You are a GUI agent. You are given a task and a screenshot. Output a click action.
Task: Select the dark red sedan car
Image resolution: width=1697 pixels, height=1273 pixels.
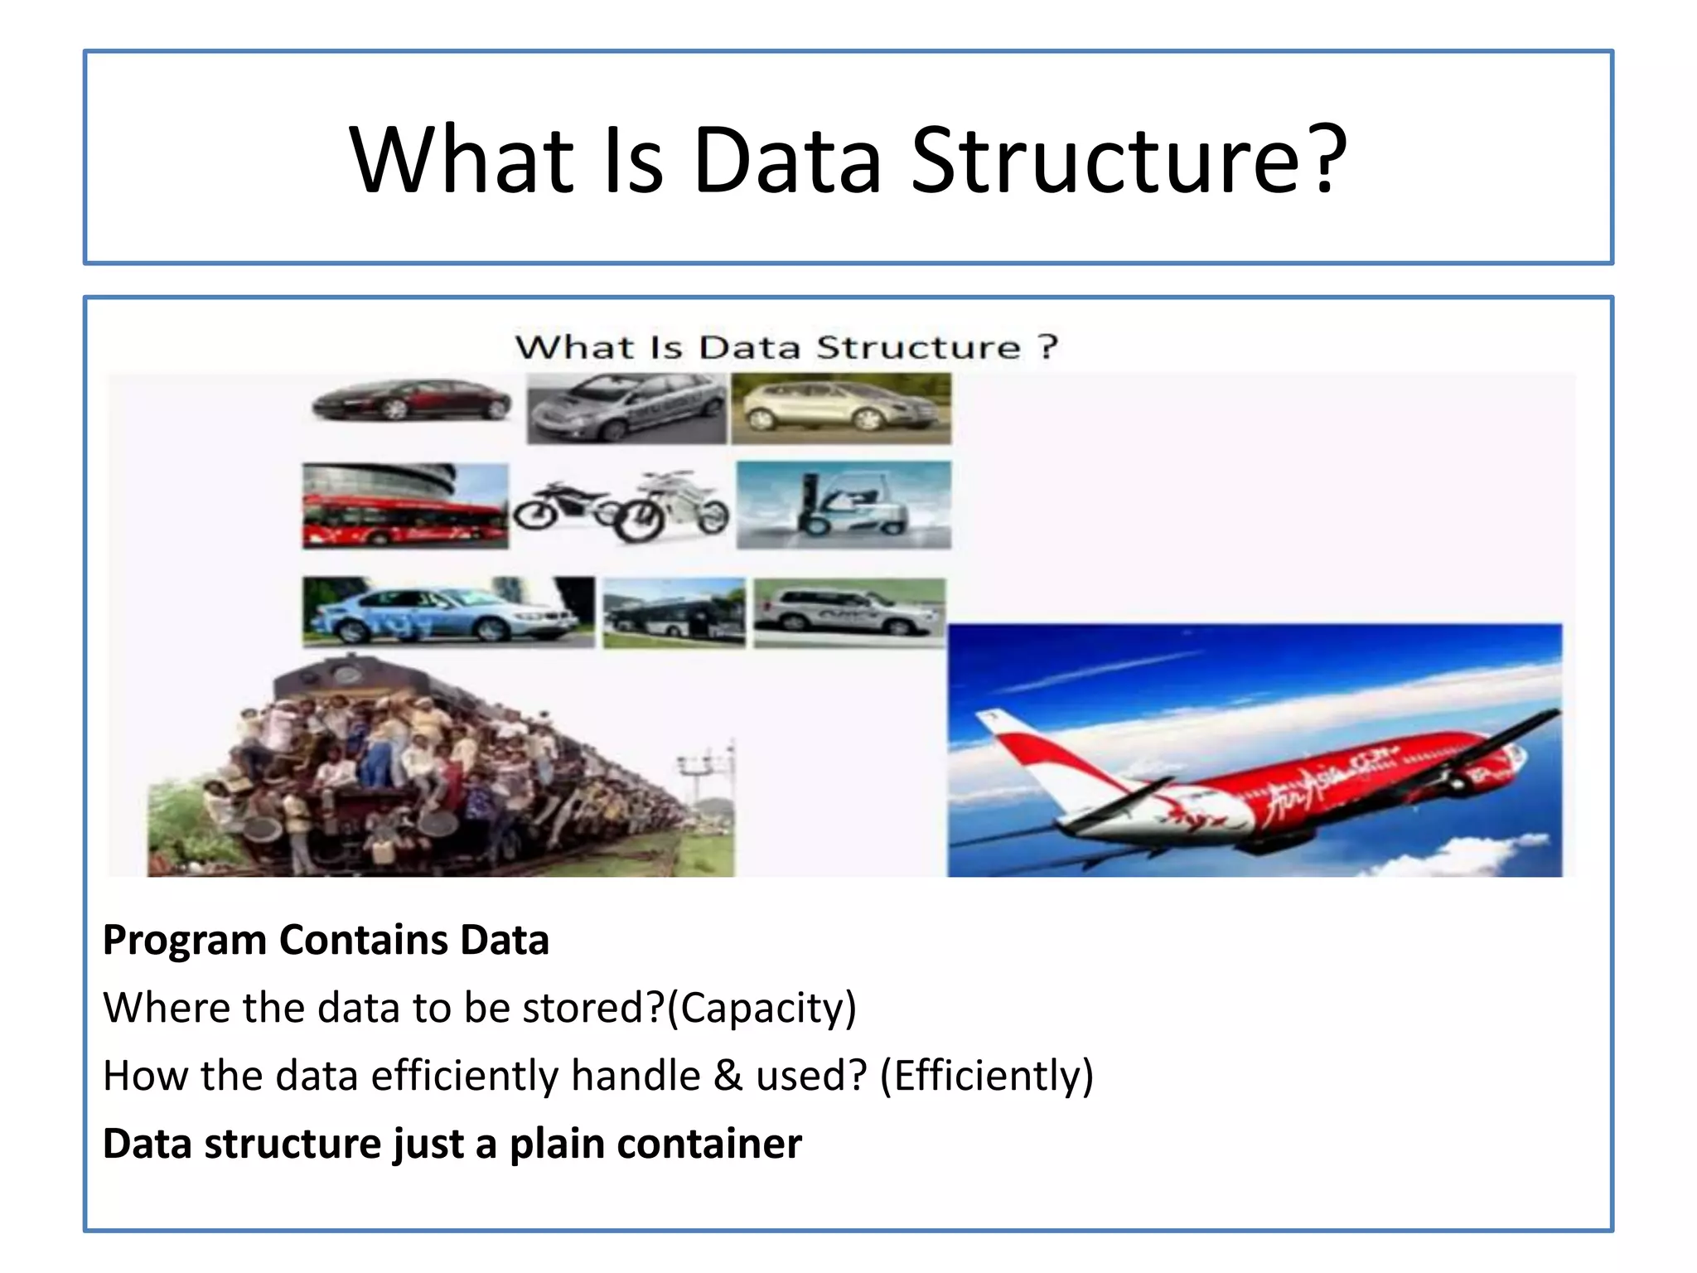click(x=412, y=400)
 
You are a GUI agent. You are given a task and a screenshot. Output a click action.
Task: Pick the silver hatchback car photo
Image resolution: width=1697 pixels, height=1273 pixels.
click(x=626, y=408)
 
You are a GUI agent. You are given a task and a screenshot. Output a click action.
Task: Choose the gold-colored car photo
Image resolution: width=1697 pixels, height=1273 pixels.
click(x=840, y=408)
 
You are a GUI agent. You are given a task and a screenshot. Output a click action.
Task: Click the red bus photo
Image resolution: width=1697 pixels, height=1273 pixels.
click(x=404, y=506)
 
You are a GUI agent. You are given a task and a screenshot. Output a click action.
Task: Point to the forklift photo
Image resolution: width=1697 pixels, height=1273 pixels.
click(x=844, y=505)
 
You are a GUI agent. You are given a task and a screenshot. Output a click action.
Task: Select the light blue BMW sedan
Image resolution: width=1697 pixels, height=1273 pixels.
click(x=447, y=612)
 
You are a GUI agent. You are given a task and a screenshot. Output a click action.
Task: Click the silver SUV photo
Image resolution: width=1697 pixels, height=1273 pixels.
click(x=848, y=612)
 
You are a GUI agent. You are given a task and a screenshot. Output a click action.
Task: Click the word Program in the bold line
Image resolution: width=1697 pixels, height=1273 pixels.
click(x=184, y=940)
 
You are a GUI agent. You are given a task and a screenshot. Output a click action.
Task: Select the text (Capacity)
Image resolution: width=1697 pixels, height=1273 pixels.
click(x=761, y=1008)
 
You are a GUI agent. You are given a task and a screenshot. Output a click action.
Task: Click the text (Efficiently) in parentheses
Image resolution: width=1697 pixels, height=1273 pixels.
click(x=986, y=1076)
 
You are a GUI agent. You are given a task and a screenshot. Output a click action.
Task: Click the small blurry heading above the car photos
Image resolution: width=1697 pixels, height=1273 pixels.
click(x=786, y=346)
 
